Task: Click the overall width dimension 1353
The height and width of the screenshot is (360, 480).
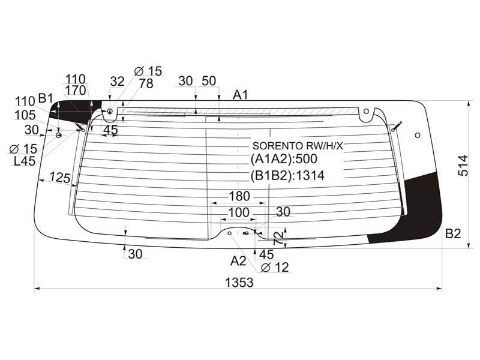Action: tap(239, 283)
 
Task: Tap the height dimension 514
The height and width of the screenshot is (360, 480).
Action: tap(463, 166)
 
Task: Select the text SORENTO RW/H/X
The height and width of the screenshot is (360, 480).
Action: tap(298, 146)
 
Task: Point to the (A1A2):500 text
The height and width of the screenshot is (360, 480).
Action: tap(284, 159)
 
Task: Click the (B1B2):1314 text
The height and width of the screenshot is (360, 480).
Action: tap(287, 175)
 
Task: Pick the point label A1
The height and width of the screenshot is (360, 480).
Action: tap(240, 95)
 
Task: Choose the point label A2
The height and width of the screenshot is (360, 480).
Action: tap(238, 261)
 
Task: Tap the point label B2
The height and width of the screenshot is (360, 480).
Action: tap(453, 233)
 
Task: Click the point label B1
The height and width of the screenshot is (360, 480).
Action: tap(46, 98)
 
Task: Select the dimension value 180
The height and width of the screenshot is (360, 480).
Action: tap(239, 196)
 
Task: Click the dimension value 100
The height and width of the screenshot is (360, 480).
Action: tap(239, 212)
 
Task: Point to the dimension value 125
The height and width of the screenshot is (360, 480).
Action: tap(60, 177)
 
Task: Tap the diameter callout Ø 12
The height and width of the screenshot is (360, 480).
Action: tap(275, 267)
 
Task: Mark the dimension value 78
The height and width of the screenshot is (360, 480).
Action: tap(146, 83)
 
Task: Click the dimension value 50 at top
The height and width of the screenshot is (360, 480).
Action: tap(209, 81)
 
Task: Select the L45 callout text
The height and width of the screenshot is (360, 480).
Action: tap(25, 161)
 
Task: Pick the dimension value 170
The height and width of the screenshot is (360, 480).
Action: tap(76, 91)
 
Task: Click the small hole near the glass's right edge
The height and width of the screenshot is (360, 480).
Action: tap(418, 135)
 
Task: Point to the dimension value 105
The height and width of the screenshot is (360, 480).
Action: tap(25, 115)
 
